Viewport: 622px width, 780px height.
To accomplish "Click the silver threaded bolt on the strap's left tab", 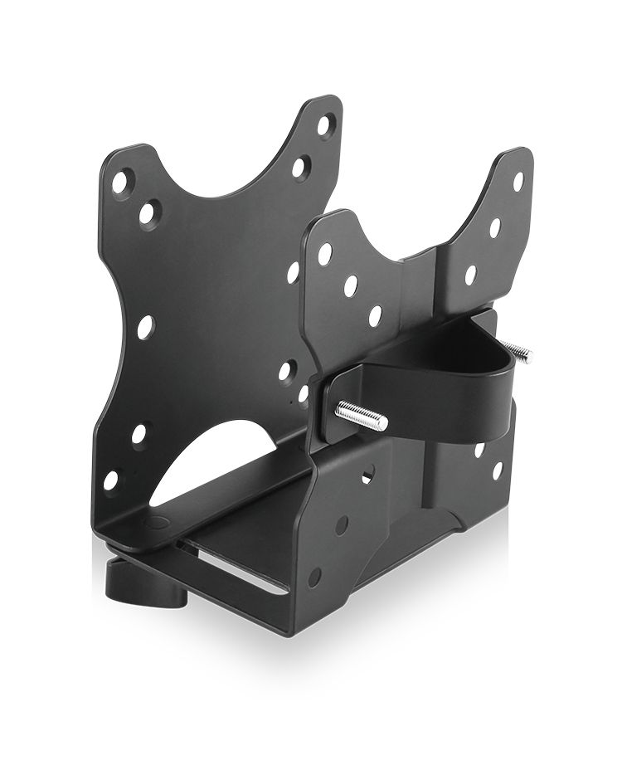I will (362, 415).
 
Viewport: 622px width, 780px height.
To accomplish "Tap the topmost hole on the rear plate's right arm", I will (325, 125).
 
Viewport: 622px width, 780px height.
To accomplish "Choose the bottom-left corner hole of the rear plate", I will (110, 480).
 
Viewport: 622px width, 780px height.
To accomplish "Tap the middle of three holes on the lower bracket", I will (341, 525).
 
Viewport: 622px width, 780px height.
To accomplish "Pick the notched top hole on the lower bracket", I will (367, 474).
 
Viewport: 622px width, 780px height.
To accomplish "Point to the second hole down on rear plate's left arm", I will (148, 213).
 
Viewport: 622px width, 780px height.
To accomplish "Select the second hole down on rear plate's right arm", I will (299, 168).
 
